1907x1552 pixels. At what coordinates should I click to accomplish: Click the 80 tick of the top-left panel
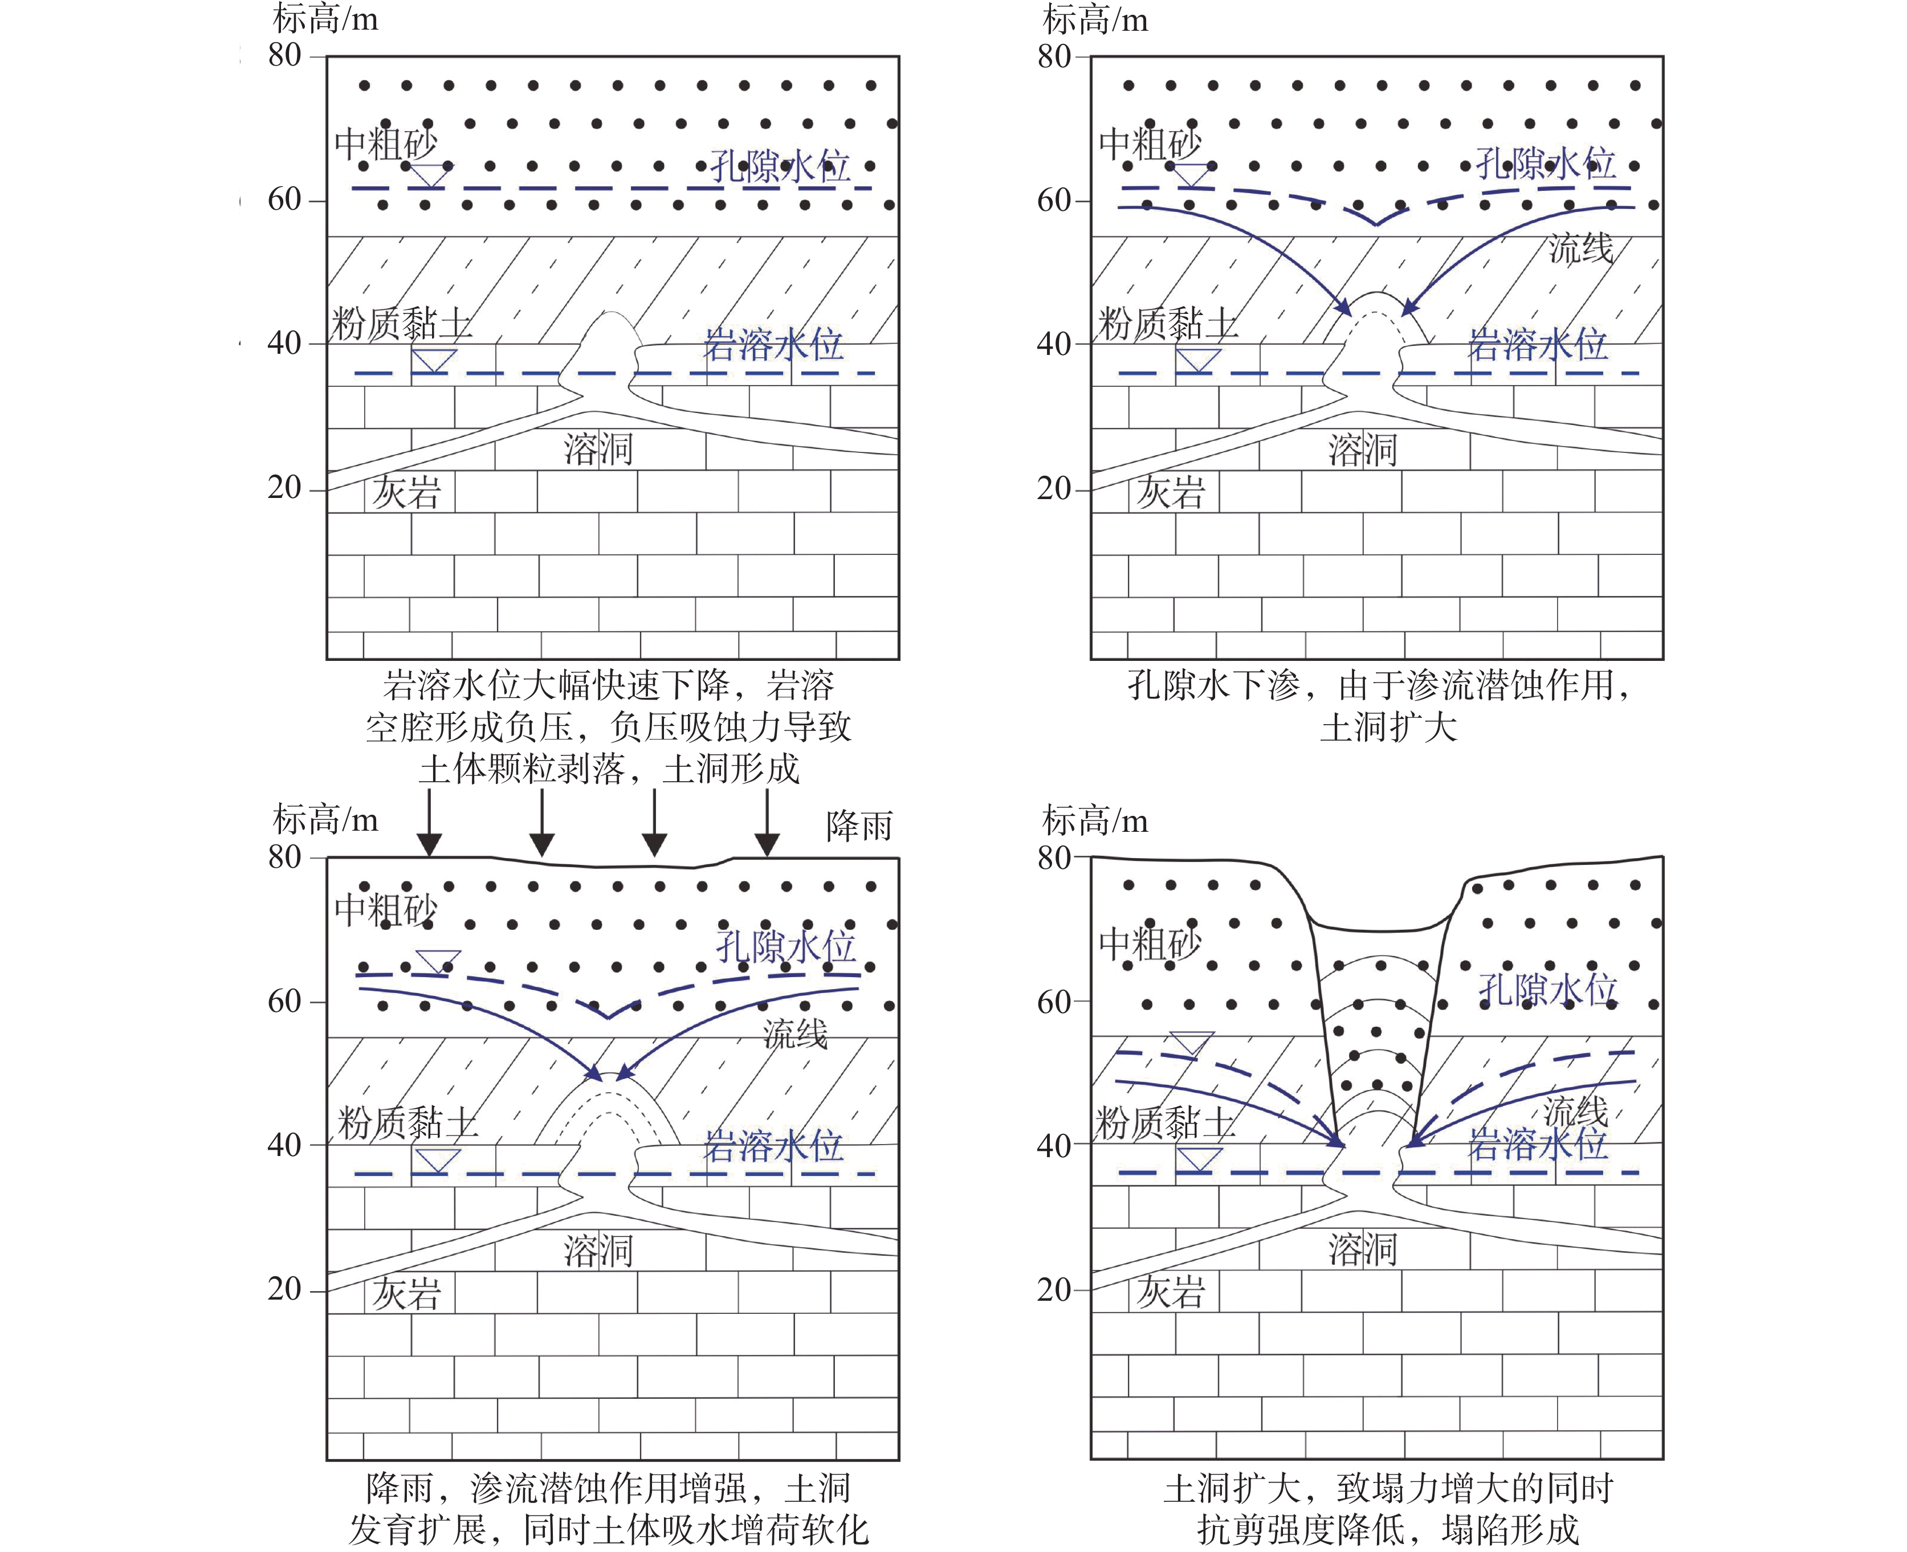pos(284,55)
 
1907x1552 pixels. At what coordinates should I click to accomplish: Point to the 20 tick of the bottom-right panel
pos(1053,1289)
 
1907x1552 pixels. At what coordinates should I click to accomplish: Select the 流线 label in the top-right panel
pos(1580,248)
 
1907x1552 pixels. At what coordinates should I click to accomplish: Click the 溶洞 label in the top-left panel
pos(598,448)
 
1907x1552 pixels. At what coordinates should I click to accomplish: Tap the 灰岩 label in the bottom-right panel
pos(1170,1292)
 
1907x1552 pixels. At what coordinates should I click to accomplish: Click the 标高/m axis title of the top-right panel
pos(1095,20)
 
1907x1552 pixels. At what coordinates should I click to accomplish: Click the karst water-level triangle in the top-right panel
pos(1197,360)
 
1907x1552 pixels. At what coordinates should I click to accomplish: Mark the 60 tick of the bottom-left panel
pos(284,1001)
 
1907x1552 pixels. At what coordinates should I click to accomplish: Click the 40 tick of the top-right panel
pos(1053,344)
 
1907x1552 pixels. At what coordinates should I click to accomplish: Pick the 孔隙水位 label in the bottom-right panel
pos(1547,989)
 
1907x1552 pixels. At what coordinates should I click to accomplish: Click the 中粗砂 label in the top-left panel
pos(385,143)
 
